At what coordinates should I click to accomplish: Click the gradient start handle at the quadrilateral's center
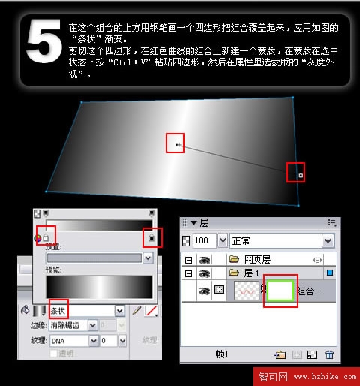coord(176,143)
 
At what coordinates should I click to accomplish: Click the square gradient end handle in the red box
coord(300,175)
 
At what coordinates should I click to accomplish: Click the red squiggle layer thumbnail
coord(247,291)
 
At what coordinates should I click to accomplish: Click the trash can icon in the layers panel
coord(329,354)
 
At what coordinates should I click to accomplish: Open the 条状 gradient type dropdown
coord(119,309)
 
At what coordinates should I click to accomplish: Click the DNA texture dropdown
coord(92,340)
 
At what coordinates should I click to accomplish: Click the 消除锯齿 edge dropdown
coord(92,325)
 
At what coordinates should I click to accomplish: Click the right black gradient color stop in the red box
coord(151,238)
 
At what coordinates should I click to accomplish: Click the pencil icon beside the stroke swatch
coord(136,309)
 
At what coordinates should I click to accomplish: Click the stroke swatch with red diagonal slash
coord(151,309)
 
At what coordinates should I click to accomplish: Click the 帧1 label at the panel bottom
coord(223,354)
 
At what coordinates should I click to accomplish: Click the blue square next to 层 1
coord(331,274)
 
